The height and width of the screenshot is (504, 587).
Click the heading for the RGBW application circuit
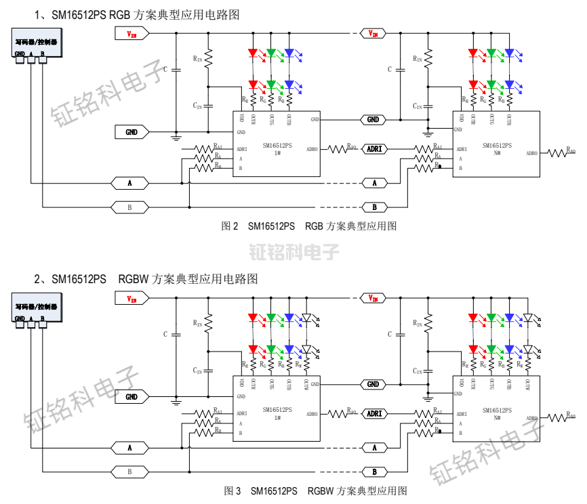click(146, 278)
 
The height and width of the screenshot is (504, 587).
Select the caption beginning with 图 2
click(308, 226)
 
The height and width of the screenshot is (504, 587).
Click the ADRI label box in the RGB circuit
click(374, 148)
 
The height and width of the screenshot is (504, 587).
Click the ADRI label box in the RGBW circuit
click(374, 413)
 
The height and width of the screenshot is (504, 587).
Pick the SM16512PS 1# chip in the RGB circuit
click(277, 144)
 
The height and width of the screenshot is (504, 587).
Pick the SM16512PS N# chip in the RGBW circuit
click(496, 408)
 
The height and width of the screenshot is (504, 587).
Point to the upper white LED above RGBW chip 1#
click(306, 317)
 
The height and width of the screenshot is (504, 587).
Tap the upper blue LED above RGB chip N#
click(509, 53)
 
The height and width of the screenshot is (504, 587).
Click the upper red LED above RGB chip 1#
click(254, 53)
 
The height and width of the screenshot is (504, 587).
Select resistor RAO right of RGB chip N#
click(561, 153)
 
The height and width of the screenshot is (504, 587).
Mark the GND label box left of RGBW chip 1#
click(131, 396)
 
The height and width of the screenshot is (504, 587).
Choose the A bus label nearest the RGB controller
click(130, 183)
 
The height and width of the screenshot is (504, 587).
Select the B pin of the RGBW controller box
click(43, 325)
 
